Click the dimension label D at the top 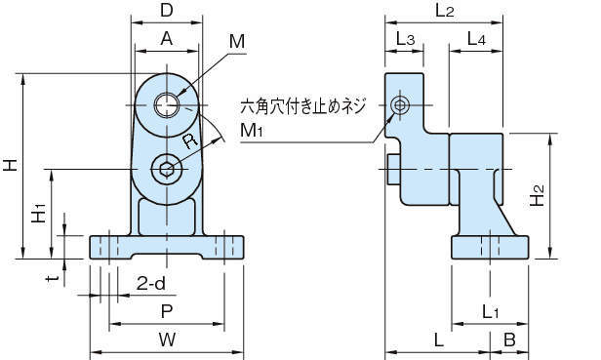click(x=167, y=11)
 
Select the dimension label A click(x=167, y=38)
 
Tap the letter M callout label click(x=237, y=41)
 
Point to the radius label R click(x=190, y=140)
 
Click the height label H click(x=11, y=166)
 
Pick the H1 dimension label click(x=39, y=213)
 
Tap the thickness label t click(x=52, y=278)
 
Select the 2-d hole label click(x=151, y=283)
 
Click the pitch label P click(x=167, y=311)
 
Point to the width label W click(x=167, y=340)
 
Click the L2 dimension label click(x=445, y=11)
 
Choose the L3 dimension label click(x=405, y=39)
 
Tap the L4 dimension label click(x=476, y=39)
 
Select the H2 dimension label click(x=537, y=195)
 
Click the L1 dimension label click(x=490, y=312)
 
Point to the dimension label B click(x=509, y=340)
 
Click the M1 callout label click(x=252, y=131)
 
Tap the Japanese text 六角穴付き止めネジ click(x=302, y=105)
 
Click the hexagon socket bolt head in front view click(x=166, y=169)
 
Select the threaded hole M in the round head click(x=167, y=104)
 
